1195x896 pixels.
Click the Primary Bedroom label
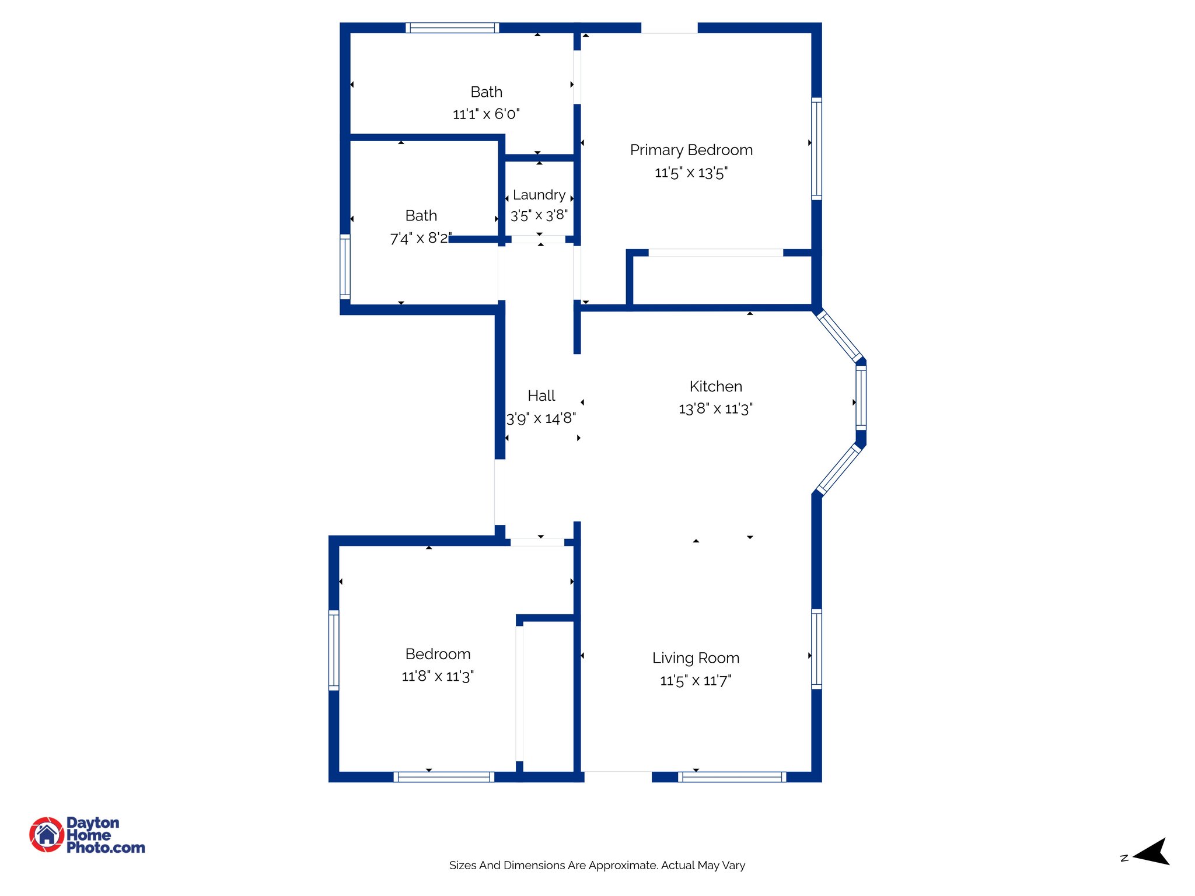[691, 150]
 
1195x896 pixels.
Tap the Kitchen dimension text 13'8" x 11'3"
[715, 408]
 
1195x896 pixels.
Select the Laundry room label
[539, 195]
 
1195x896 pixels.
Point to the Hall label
[541, 395]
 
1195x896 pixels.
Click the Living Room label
[696, 658]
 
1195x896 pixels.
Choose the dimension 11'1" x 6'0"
[486, 114]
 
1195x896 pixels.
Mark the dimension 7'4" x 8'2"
[420, 238]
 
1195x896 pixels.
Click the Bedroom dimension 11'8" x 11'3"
[438, 676]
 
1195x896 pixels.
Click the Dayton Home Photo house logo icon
[47, 834]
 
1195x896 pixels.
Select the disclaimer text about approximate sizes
[597, 865]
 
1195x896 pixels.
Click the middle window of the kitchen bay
[861, 397]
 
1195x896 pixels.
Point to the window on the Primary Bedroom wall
[816, 149]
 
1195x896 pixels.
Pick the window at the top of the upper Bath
[452, 27]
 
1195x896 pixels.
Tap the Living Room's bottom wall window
[732, 776]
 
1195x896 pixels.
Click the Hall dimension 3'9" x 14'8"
[541, 418]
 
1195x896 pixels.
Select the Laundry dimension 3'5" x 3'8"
[539, 215]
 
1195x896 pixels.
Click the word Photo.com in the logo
[106, 848]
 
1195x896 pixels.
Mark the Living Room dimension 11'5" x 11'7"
[696, 680]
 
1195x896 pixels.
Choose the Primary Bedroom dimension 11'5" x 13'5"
[691, 173]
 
